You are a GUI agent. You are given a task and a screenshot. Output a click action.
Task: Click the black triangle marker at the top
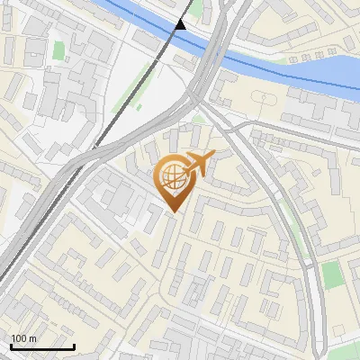pos(181,23)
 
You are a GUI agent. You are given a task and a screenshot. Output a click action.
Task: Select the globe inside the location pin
pos(172,178)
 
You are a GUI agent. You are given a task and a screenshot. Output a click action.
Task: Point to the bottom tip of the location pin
pos(173,211)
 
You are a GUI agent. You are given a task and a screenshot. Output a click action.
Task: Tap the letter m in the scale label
pos(33,338)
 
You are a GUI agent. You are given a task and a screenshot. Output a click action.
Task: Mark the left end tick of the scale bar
pos(10,346)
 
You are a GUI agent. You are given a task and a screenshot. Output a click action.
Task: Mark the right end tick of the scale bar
pos(74,346)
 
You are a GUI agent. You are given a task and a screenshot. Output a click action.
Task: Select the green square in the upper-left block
pos(58,50)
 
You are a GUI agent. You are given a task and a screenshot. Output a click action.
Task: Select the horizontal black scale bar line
pos(41,346)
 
